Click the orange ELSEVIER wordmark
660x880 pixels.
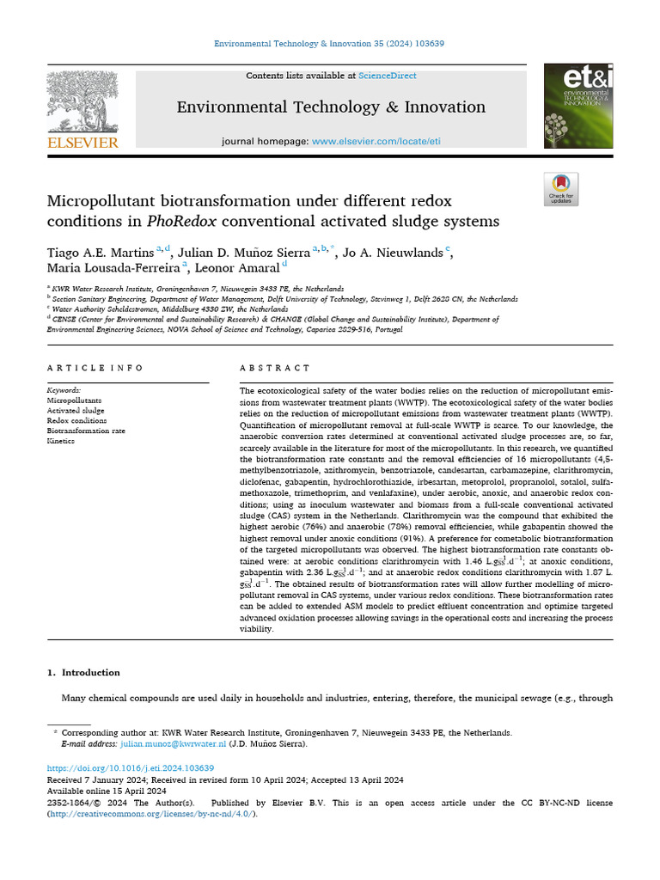coord(82,143)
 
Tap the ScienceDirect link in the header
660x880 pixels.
coord(388,76)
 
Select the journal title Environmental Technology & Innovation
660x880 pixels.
coord(331,107)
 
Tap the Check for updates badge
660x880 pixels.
coord(561,189)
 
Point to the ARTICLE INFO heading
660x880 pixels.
coord(95,368)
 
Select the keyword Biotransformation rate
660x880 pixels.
coord(85,431)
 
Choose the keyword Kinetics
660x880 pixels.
coord(60,441)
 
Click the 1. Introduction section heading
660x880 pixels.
coord(83,672)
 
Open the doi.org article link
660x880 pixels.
coord(130,768)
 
